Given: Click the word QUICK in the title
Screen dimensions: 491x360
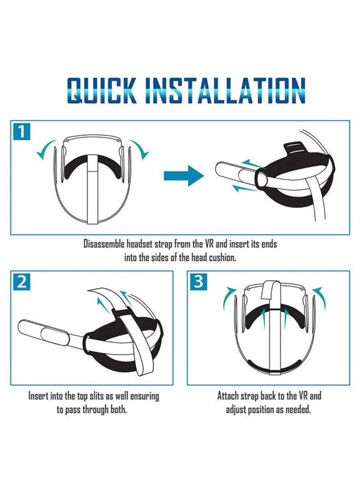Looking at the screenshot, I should [x=100, y=91].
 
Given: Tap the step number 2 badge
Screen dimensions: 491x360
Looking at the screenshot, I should [x=20, y=282].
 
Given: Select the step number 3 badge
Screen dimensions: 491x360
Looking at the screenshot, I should [x=198, y=282].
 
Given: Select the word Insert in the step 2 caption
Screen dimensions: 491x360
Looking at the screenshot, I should [x=39, y=396].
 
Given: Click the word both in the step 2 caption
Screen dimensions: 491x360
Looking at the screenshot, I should [x=117, y=409].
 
